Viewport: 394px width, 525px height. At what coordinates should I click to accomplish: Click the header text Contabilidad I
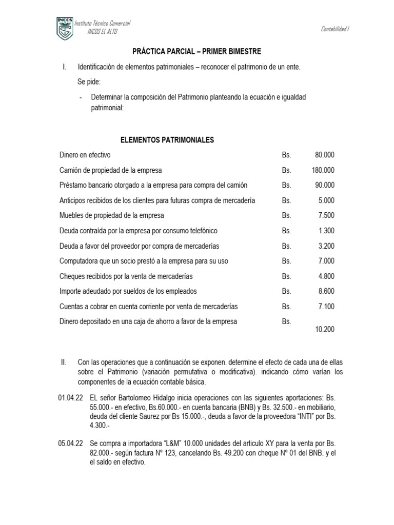click(335, 29)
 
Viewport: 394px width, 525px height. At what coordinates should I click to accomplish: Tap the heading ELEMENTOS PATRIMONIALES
click(167, 139)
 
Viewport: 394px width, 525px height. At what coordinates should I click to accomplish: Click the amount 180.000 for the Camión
click(323, 170)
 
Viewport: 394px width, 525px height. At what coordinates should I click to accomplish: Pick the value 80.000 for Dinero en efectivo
click(325, 155)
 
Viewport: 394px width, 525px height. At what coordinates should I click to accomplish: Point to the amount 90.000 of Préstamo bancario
click(325, 185)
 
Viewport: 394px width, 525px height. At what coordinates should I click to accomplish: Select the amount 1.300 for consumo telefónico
click(326, 231)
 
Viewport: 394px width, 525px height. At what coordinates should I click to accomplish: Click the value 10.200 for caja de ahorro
click(325, 329)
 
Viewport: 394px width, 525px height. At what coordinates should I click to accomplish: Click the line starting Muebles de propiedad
click(112, 215)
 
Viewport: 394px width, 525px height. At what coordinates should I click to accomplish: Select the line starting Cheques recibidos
click(126, 276)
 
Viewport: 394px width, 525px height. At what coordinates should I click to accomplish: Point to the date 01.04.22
click(70, 397)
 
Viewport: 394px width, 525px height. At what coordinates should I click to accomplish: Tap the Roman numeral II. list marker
click(64, 362)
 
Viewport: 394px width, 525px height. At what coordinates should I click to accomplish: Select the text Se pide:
click(89, 82)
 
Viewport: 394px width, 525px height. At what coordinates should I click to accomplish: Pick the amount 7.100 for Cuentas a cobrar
click(326, 307)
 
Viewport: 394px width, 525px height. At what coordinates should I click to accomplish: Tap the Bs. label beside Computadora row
click(286, 261)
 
